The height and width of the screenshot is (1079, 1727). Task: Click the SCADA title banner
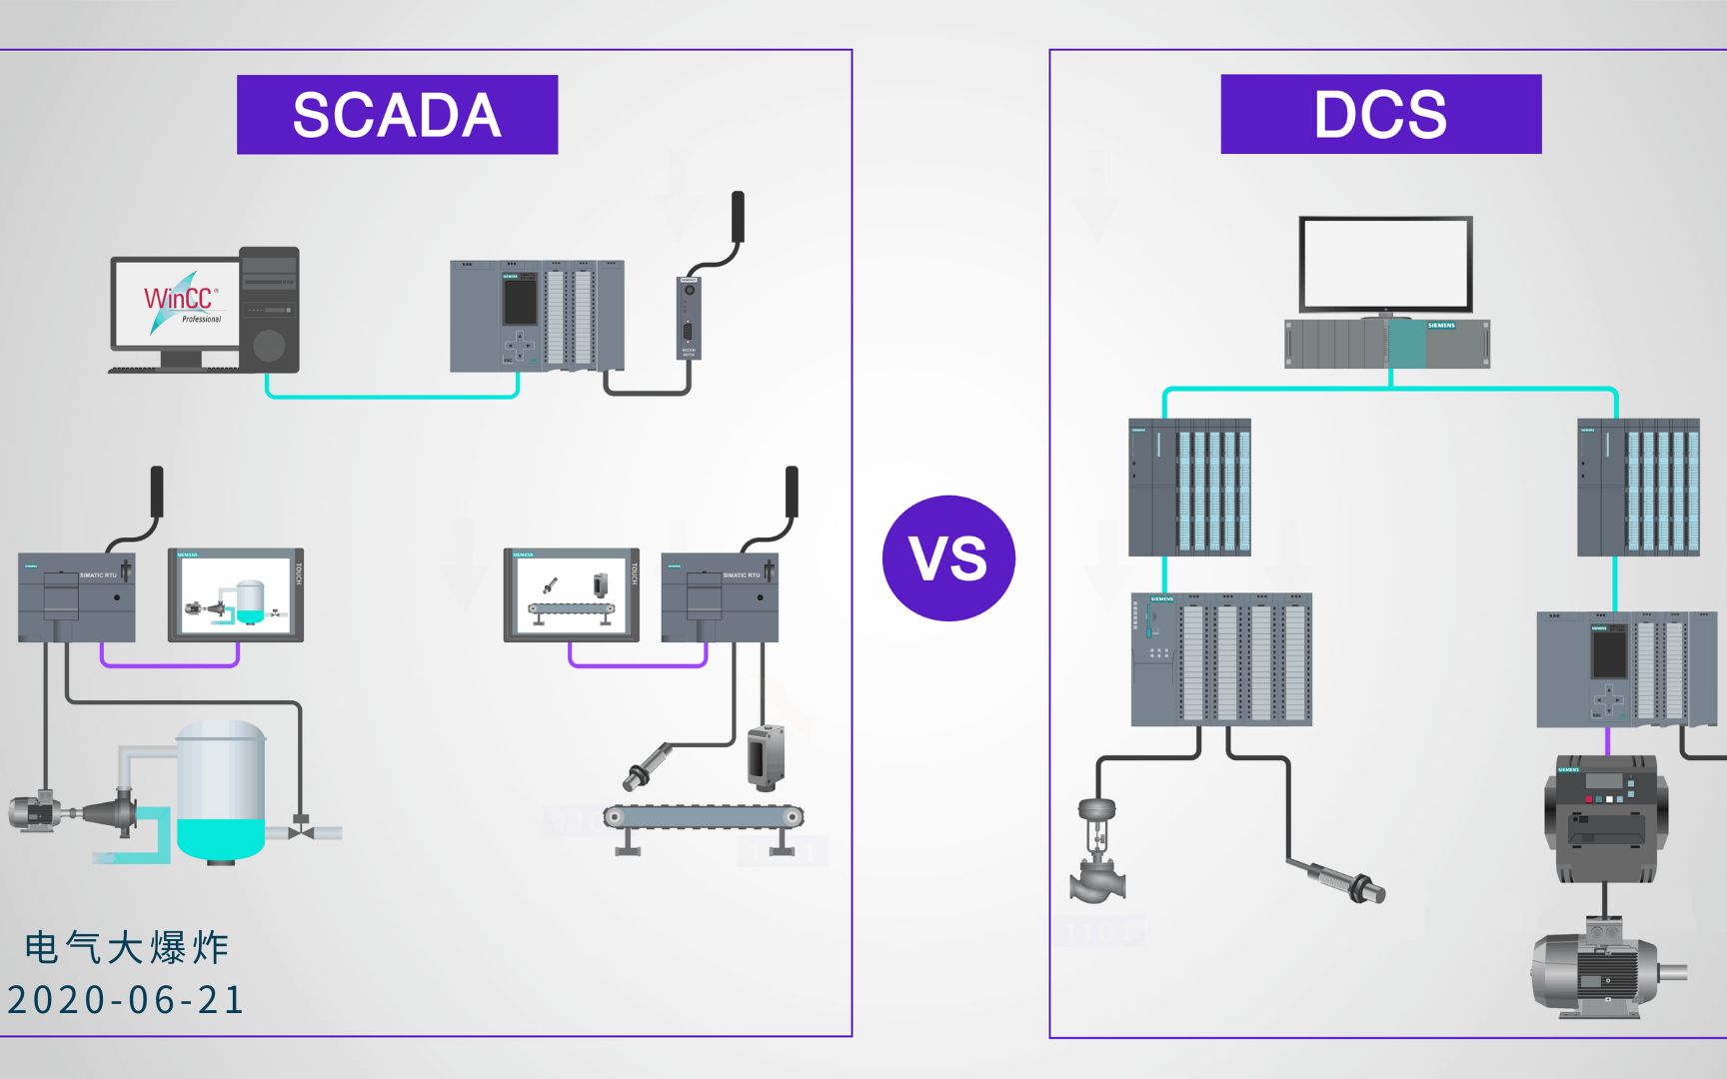click(x=397, y=115)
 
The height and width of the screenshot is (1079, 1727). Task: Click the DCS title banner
click(x=1380, y=114)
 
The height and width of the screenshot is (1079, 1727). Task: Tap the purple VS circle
click(x=948, y=557)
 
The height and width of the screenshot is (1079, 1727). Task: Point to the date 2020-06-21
click(x=126, y=1000)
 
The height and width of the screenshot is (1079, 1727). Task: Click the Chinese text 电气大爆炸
click(x=127, y=947)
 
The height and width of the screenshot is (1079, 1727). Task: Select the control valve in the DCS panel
click(x=1096, y=849)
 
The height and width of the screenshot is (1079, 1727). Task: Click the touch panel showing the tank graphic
click(x=235, y=594)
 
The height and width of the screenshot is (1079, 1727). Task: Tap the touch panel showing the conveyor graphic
click(x=571, y=594)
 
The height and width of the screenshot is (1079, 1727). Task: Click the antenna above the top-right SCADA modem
click(x=738, y=216)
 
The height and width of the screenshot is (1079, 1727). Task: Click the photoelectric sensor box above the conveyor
click(x=766, y=755)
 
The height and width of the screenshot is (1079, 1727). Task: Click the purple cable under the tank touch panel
click(x=169, y=662)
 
